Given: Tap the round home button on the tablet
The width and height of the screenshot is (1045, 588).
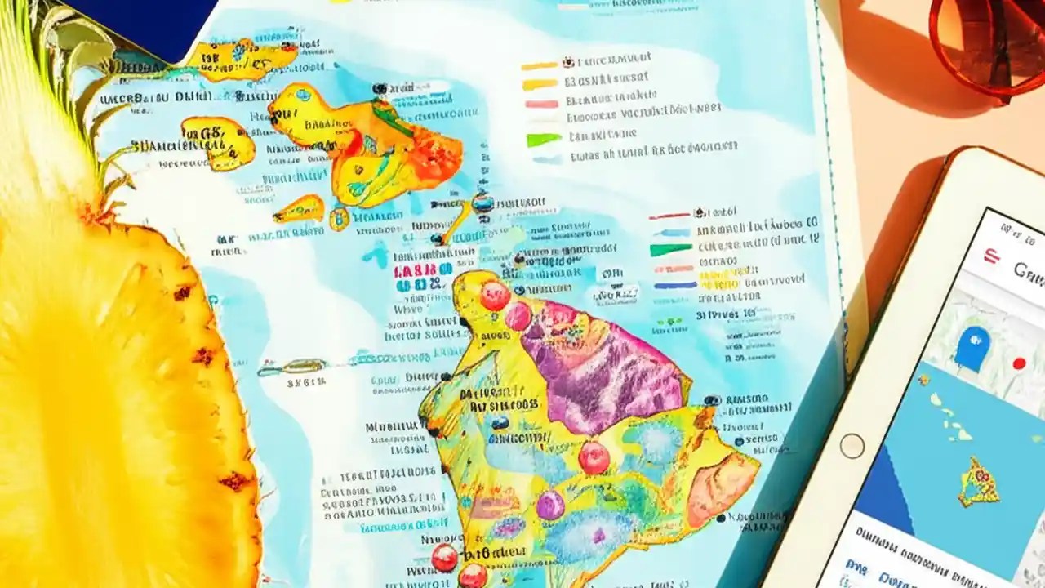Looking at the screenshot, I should pyautogui.click(x=852, y=446).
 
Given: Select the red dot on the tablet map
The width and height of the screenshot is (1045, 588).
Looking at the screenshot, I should pyautogui.click(x=1018, y=363).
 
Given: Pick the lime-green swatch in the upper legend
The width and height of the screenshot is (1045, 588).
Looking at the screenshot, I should pyautogui.click(x=541, y=140).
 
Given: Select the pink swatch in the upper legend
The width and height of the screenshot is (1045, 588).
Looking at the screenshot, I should pyautogui.click(x=540, y=105).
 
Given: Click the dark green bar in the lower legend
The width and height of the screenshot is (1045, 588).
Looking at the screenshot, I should pyautogui.click(x=670, y=250).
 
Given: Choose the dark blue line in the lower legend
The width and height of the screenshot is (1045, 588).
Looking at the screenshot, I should pyautogui.click(x=674, y=285).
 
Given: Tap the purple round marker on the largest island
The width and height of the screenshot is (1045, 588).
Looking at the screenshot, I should pyautogui.click(x=550, y=506).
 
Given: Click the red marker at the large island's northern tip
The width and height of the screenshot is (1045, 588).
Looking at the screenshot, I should pyautogui.click(x=494, y=296).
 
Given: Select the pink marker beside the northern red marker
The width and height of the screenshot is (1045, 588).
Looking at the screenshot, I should pyautogui.click(x=518, y=316).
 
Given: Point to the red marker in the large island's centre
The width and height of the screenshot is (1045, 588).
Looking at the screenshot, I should pyautogui.click(x=594, y=457).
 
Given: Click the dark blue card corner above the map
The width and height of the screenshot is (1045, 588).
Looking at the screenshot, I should pyautogui.click(x=139, y=20).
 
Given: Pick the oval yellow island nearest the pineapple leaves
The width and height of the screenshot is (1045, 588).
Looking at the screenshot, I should pyautogui.click(x=218, y=142).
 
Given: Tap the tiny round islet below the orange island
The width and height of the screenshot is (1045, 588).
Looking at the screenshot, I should pyautogui.click(x=339, y=218).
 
